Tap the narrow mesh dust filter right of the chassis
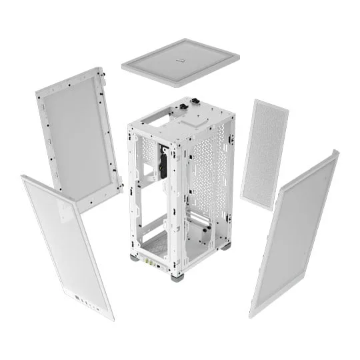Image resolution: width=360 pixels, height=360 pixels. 264,153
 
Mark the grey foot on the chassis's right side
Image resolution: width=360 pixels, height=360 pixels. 226,246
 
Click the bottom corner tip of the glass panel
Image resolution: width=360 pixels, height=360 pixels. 110,318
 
